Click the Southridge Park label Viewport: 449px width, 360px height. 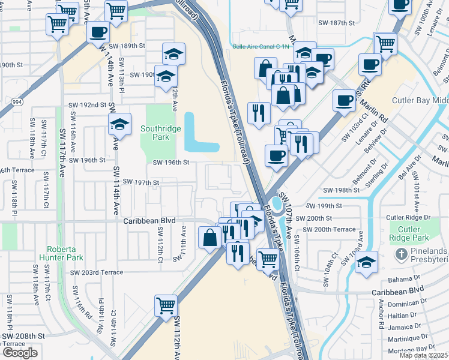pyautogui.click(x=160, y=133)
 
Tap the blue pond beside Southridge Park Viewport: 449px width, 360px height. pyautogui.click(x=199, y=133)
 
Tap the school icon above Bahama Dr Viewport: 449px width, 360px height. pyautogui.click(x=366, y=262)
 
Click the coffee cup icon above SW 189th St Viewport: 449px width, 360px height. pyautogui.click(x=98, y=32)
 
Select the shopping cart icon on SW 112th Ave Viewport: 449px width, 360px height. pyautogui.click(x=166, y=304)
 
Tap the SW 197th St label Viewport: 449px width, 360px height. pyautogui.click(x=140, y=182)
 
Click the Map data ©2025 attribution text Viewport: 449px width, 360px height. pyautogui.click(x=424, y=355)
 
